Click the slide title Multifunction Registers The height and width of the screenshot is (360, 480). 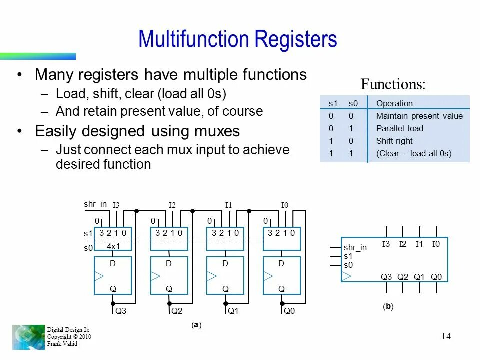238,39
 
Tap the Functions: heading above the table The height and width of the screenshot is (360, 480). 393,84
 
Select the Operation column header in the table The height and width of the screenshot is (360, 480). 394,103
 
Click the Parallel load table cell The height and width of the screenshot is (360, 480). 399,128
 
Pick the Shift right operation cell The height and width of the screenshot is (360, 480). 394,141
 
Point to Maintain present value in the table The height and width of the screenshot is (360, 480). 419,116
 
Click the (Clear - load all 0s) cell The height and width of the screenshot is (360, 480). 413,153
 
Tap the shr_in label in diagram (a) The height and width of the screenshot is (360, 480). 95,204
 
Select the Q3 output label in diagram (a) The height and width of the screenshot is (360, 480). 121,311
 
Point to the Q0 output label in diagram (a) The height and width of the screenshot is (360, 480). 289,311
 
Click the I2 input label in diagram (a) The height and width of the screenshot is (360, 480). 172,205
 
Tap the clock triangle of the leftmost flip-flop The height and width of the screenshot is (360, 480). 99,276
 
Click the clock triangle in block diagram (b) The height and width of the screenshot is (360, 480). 347,276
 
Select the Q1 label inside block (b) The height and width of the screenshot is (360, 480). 419,277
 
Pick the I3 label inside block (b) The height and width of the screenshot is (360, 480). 386,244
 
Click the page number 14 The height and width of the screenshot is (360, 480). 446,336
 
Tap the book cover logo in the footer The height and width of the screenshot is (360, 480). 28,337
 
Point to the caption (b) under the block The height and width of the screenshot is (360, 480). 388,306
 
